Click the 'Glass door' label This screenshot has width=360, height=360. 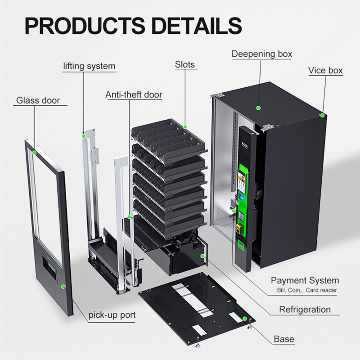coord(38,100)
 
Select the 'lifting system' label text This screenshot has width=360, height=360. coord(89,66)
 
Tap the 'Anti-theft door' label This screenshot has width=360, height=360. coord(134,94)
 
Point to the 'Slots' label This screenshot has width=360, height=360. coord(185,64)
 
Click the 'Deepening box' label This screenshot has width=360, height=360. coord(262,54)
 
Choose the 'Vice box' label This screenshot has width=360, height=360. coord(325,70)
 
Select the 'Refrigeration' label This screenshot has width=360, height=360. coord(305,310)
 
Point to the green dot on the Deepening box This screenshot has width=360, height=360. coord(258,108)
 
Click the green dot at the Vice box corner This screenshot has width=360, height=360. coord(323,115)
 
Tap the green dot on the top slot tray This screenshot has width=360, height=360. coord(185,127)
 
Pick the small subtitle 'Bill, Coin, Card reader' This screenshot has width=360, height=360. coord(307,290)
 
